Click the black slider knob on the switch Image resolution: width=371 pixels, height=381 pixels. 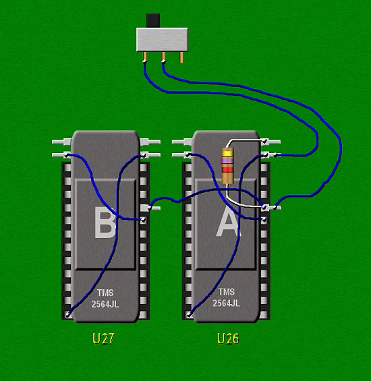(x=153, y=20)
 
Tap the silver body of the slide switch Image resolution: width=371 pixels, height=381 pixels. (x=162, y=39)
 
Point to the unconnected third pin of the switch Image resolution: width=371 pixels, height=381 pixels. (x=181, y=57)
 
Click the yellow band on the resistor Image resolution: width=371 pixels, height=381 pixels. (x=228, y=154)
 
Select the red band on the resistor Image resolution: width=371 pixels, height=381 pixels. (x=228, y=169)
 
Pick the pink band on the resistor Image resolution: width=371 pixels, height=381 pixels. (x=228, y=161)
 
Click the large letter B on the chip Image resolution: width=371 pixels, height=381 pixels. (x=105, y=223)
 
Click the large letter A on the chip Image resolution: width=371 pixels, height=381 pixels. (x=228, y=222)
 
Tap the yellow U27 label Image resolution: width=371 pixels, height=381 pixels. (x=103, y=339)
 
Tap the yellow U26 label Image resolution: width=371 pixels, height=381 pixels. (x=228, y=339)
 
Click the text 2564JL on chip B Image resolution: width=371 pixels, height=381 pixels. (x=105, y=304)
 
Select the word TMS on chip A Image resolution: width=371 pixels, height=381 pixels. (x=227, y=292)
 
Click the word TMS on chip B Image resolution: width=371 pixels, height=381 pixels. (x=105, y=293)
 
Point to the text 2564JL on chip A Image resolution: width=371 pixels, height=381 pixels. (x=226, y=303)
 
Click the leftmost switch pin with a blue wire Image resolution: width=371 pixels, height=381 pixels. (x=144, y=57)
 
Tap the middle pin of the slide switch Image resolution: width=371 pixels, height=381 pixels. (x=163, y=57)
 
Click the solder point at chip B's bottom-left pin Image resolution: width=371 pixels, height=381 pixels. (x=68, y=315)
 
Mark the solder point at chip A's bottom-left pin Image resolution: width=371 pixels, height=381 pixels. (x=189, y=315)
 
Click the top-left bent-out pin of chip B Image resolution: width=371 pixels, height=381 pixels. (x=62, y=142)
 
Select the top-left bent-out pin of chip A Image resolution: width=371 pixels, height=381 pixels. (x=182, y=142)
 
